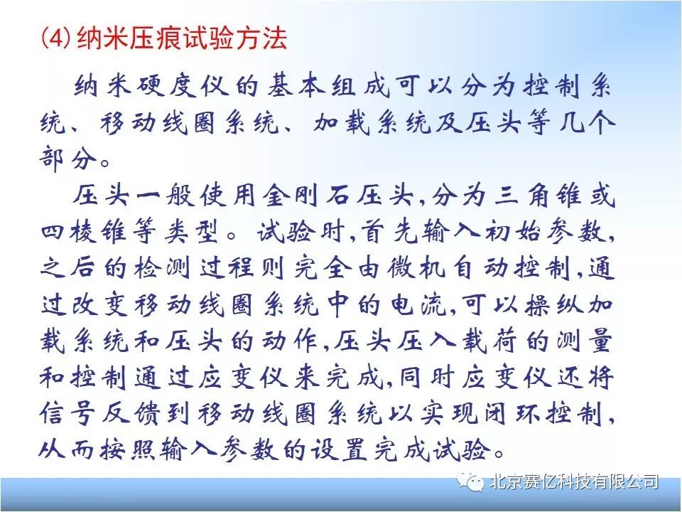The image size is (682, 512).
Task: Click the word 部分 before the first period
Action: point(67,158)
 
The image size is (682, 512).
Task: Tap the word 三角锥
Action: point(538,196)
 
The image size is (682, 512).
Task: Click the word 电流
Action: point(419,304)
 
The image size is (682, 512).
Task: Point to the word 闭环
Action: point(511,412)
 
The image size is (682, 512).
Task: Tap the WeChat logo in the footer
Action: point(471,482)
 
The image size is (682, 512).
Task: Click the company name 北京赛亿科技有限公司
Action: point(573,482)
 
